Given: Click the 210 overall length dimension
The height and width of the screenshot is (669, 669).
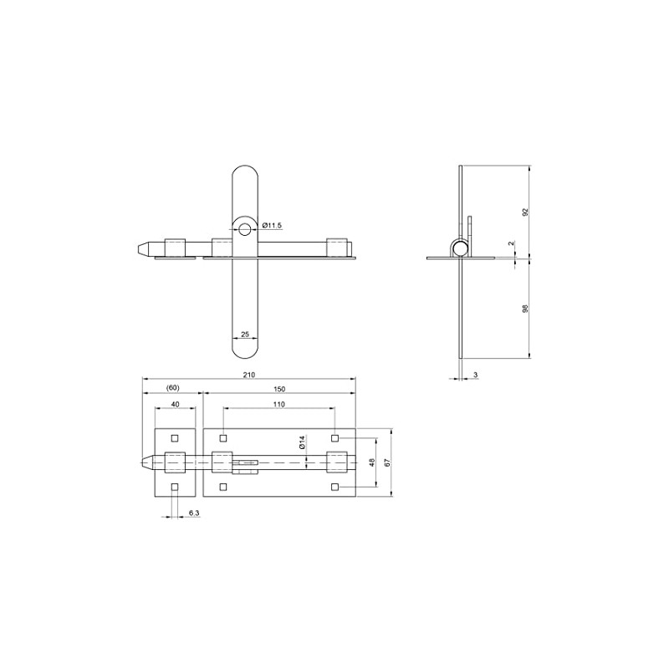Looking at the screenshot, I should click(x=248, y=375).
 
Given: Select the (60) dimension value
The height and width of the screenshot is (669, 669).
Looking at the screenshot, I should click(x=173, y=388).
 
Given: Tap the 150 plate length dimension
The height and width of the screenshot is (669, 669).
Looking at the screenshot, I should click(x=278, y=388).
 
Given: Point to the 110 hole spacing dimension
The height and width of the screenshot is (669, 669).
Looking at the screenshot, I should click(x=278, y=404).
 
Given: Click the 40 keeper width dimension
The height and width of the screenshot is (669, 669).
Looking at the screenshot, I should click(x=175, y=404).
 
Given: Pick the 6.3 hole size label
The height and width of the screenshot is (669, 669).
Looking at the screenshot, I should click(x=193, y=513).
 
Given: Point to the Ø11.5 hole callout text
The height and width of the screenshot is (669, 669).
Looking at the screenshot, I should click(x=273, y=225).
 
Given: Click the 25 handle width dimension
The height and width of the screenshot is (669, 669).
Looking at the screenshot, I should click(x=245, y=334).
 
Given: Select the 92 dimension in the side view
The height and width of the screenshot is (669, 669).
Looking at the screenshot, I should click(x=525, y=212).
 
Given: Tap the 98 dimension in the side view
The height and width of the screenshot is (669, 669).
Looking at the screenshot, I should click(x=525, y=309).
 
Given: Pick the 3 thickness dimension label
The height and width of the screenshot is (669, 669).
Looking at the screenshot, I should click(x=475, y=375).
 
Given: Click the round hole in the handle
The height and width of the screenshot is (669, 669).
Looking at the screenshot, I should click(x=246, y=228).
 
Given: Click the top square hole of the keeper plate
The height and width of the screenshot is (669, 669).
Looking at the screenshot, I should click(x=175, y=438).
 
